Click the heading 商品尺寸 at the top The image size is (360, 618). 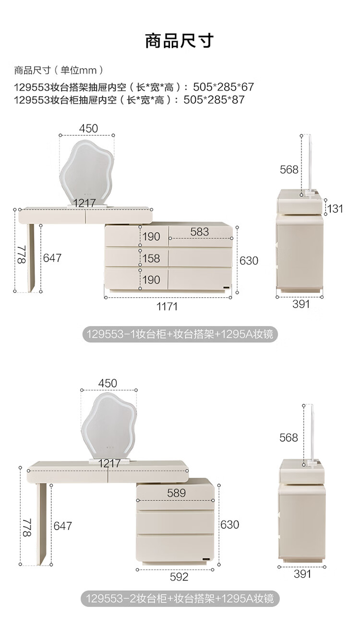tap(180, 41)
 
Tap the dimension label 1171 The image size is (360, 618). tap(167, 306)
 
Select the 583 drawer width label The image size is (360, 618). tap(200, 232)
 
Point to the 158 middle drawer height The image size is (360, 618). tap(152, 258)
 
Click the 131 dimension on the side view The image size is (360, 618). tap(336, 208)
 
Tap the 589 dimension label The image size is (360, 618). tap(176, 493)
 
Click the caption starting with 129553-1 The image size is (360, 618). tap(180, 334)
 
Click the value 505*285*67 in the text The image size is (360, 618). tap(223, 87)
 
